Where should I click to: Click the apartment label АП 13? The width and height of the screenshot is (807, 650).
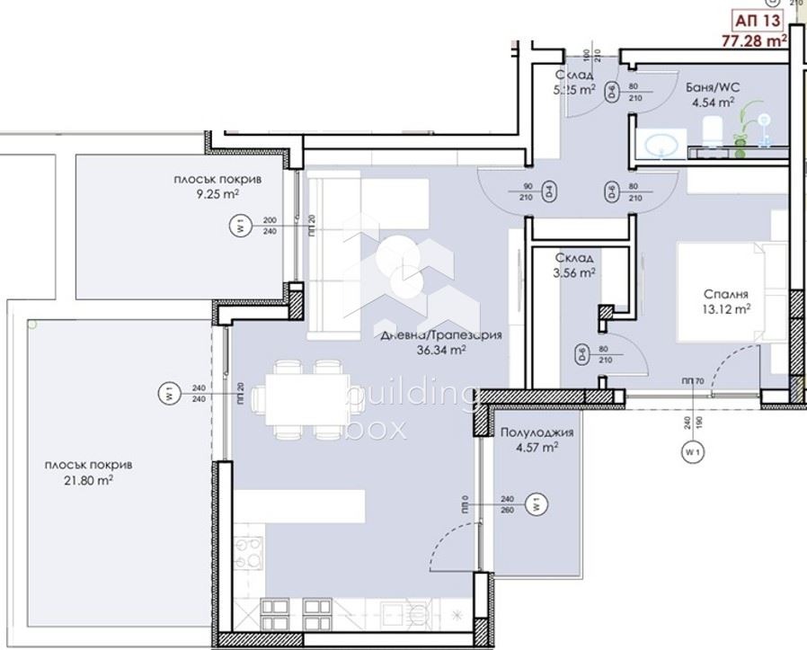point(758,21)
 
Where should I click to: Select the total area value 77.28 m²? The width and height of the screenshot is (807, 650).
point(755,40)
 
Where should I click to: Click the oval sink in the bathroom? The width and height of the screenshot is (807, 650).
point(664,145)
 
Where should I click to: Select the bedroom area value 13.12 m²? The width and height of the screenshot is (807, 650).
point(727,309)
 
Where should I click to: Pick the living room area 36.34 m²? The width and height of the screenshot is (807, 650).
point(439,351)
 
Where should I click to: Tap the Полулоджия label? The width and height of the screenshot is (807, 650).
point(537,432)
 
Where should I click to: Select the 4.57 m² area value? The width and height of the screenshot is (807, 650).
point(537,447)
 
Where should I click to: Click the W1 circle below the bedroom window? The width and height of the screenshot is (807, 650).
point(691,452)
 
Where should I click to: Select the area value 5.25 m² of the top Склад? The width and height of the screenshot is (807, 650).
point(575,90)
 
